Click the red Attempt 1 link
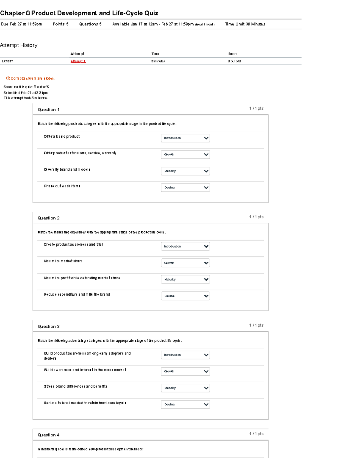coord(78,61)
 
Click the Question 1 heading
coord(49,110)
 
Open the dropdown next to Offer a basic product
coord(185,138)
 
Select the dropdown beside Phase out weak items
coord(185,188)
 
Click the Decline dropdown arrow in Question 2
coord(206,296)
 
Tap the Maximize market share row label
coord(63,261)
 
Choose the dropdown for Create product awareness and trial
coord(185,246)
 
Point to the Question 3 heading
coord(49,326)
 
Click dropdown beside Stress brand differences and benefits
coord(185,388)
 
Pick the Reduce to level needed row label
coord(85,403)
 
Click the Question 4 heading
coord(49,435)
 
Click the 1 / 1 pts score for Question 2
coord(256,217)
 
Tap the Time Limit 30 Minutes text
coord(245,24)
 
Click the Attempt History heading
coord(19,45)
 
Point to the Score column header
coord(233,54)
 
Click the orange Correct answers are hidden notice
coord(31,79)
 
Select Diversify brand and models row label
coord(67,170)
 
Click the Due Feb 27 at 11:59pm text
coord(22,24)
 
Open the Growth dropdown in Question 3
coord(185,371)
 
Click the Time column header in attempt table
coord(155,54)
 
